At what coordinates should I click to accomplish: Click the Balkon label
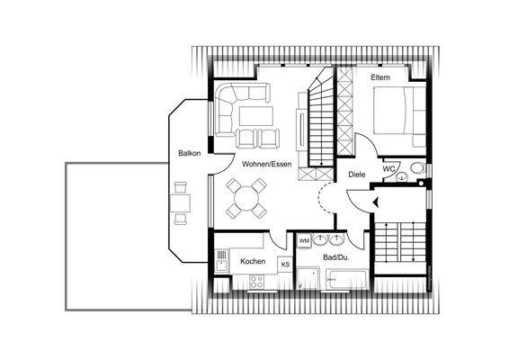(x=189, y=153)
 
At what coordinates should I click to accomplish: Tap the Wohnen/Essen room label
(x=265, y=164)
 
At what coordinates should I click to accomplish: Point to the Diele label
(x=355, y=176)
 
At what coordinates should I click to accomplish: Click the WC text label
(x=389, y=168)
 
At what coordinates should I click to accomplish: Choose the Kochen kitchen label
(x=253, y=261)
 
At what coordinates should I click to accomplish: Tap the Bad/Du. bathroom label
(x=335, y=258)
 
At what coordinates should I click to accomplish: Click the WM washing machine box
(x=304, y=241)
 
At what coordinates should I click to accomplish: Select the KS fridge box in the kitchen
(x=285, y=265)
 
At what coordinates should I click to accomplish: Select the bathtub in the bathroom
(x=346, y=281)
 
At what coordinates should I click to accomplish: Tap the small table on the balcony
(x=180, y=202)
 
